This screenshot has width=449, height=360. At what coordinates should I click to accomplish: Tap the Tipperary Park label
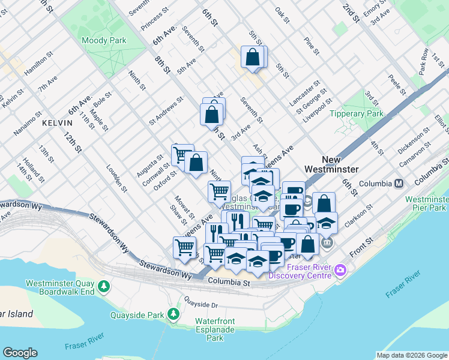pos(359,113)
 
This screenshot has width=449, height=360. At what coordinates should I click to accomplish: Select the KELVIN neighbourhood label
pos(57,122)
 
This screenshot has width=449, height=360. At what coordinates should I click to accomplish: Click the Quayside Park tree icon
pos(173,314)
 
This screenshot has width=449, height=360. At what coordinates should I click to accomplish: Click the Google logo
pos(20,353)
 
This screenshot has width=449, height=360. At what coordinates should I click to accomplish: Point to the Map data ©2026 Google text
pos(411,355)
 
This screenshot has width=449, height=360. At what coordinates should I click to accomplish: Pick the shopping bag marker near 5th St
pos(253,58)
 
